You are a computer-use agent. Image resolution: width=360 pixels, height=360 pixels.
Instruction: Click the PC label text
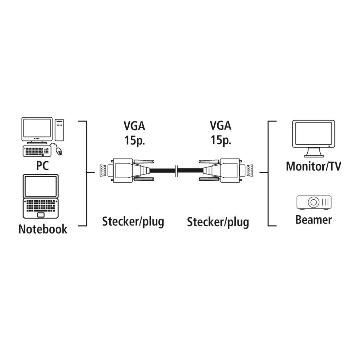click(x=42, y=166)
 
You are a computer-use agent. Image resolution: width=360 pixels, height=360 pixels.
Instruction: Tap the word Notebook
click(x=43, y=229)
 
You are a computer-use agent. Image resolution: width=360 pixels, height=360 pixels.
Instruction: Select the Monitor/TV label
click(x=313, y=166)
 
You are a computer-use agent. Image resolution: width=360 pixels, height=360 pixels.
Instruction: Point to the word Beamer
click(x=313, y=219)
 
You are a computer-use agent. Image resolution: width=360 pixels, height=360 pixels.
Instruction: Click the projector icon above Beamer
click(x=314, y=202)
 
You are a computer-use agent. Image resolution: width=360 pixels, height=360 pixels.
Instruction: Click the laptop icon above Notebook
click(x=40, y=196)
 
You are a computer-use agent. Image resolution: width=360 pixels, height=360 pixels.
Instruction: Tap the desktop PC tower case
click(x=59, y=130)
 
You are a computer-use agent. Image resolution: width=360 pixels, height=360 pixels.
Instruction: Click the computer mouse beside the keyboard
click(x=59, y=151)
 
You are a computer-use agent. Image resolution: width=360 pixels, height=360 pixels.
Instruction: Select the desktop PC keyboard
click(x=36, y=151)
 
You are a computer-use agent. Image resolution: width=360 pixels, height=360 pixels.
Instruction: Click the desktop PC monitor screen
click(x=37, y=129)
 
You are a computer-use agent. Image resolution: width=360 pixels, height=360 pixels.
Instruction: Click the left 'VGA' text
click(x=134, y=126)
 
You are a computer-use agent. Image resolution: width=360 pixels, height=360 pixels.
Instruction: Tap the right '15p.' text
click(x=221, y=140)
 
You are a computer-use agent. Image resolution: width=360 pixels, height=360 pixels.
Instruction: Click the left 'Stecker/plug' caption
click(x=133, y=222)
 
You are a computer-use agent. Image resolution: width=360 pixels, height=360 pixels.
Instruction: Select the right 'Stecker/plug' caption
click(x=218, y=222)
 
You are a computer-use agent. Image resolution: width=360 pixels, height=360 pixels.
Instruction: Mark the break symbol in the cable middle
click(x=177, y=171)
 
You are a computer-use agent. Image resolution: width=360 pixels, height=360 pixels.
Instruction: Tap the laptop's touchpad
click(x=41, y=215)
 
